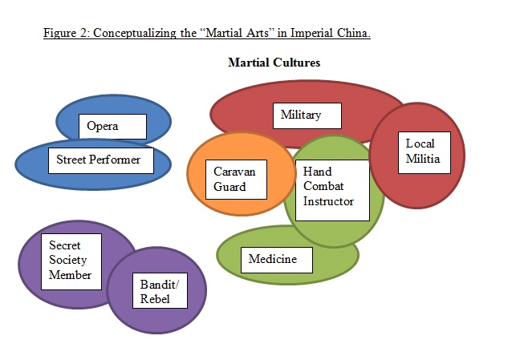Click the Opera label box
pos(112,127)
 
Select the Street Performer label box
pos(98,160)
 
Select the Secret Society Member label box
pos(71,260)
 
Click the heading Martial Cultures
pos(274,63)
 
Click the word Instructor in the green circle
pos(327,201)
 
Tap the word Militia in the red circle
pos(422,158)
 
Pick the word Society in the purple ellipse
pos(67,260)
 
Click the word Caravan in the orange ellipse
pos(234,172)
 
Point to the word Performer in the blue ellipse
pos(116,160)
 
